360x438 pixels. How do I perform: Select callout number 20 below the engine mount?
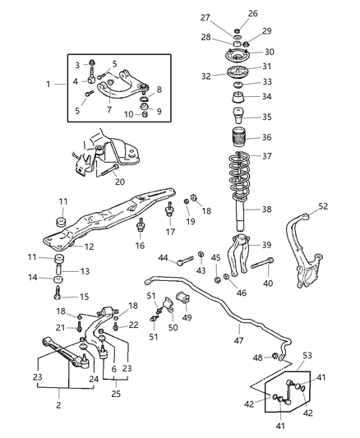pos(120,182)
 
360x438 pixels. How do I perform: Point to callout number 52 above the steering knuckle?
pos(323,206)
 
